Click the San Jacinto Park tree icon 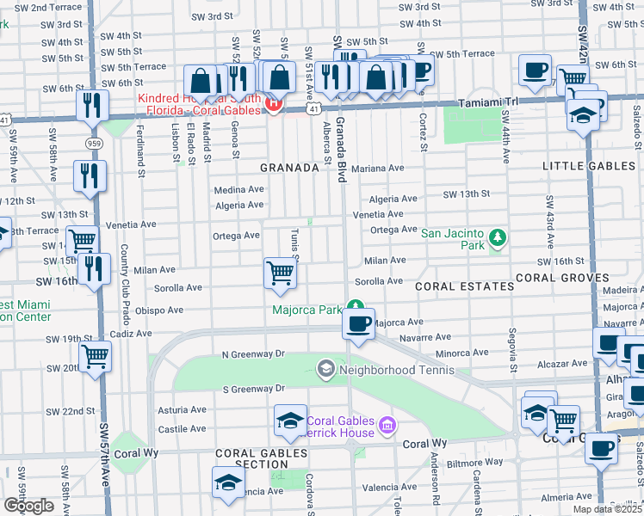pyautogui.click(x=496, y=236)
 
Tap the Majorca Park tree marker pyautogui.click(x=355, y=306)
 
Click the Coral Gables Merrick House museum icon pyautogui.click(x=387, y=426)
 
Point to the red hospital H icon pyautogui.click(x=274, y=104)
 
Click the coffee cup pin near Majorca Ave pyautogui.click(x=358, y=324)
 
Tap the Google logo pyautogui.click(x=28, y=506)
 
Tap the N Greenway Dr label pyautogui.click(x=253, y=353)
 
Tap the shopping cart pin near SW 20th pyautogui.click(x=95, y=354)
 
